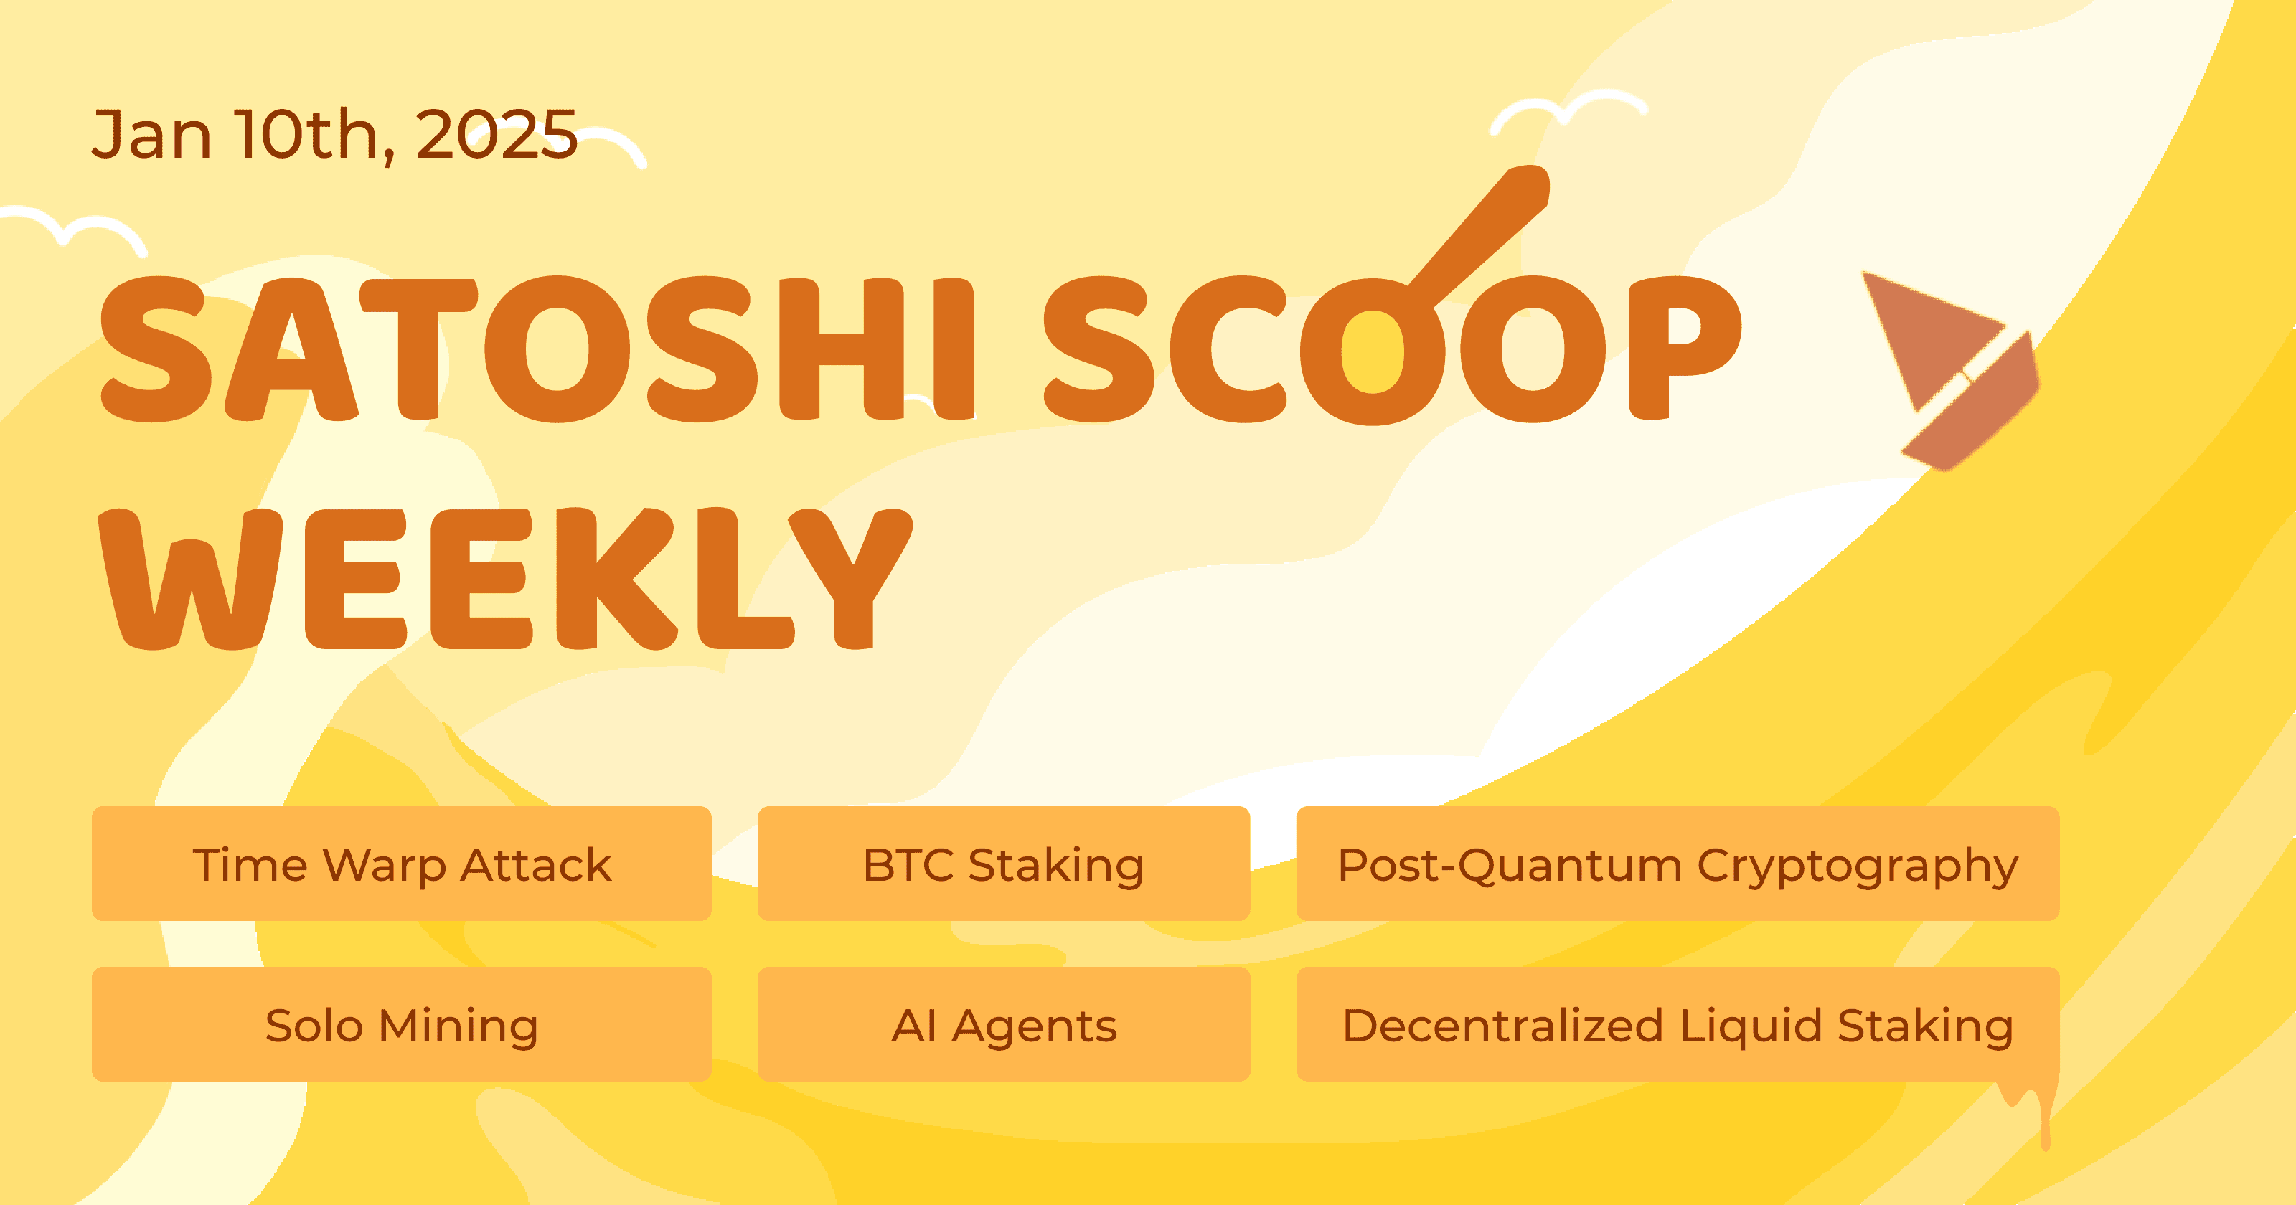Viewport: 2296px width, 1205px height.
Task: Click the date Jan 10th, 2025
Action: click(x=334, y=135)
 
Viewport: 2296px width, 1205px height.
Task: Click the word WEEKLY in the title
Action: click(x=504, y=580)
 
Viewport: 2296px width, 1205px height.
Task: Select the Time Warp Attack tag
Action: click(x=401, y=864)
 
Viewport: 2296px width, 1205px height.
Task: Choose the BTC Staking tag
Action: click(x=1004, y=864)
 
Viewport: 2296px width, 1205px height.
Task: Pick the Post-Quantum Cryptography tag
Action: click(x=1678, y=864)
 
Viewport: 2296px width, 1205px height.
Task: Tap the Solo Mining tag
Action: click(x=401, y=1024)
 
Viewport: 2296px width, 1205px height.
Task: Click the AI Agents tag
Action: click(x=1004, y=1024)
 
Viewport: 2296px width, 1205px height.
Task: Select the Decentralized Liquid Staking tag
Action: click(x=1678, y=1024)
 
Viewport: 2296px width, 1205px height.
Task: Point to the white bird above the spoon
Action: click(x=1568, y=111)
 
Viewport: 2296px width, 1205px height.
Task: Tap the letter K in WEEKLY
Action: click(x=615, y=580)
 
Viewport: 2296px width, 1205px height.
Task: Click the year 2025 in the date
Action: click(x=496, y=135)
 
